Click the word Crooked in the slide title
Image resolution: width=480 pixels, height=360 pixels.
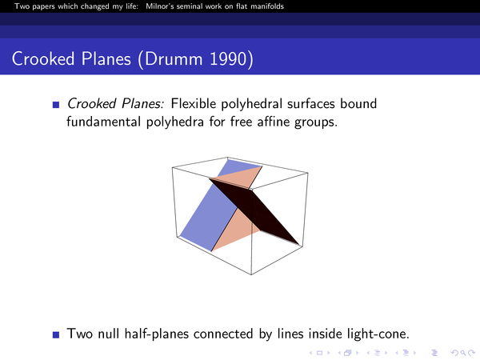click(x=43, y=58)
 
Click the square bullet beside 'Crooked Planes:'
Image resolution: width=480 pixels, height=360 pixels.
click(x=56, y=105)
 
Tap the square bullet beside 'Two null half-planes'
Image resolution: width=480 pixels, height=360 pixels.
click(x=56, y=334)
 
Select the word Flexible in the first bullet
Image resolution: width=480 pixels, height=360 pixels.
click(x=194, y=103)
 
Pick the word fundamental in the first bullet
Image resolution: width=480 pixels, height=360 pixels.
click(x=104, y=122)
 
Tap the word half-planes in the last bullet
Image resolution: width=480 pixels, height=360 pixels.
click(x=157, y=334)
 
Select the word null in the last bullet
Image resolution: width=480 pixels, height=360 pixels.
click(x=109, y=334)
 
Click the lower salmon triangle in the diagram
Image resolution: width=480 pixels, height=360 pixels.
click(x=234, y=230)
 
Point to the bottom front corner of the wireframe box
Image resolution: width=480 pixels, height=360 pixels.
click(x=251, y=274)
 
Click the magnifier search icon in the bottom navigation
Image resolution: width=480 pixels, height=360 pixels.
click(x=462, y=353)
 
